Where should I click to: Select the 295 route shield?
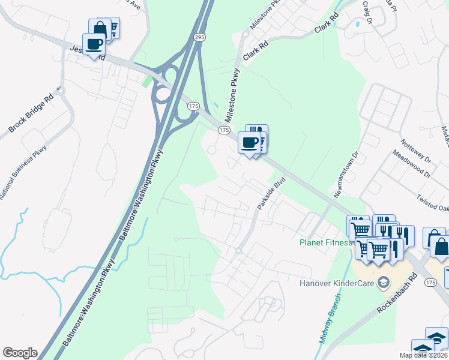199,37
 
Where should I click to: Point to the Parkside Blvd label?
270,193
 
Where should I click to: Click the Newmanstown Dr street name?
346,175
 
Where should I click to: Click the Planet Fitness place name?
325,242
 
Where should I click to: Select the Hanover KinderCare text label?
337,283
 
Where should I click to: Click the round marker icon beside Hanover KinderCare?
382,283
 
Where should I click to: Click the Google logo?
20,353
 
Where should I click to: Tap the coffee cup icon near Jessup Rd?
94,44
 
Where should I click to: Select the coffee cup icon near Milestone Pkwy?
249,143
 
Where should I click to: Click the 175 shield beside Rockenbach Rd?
429,282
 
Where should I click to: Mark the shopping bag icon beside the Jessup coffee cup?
100,28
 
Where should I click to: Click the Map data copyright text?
423,355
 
